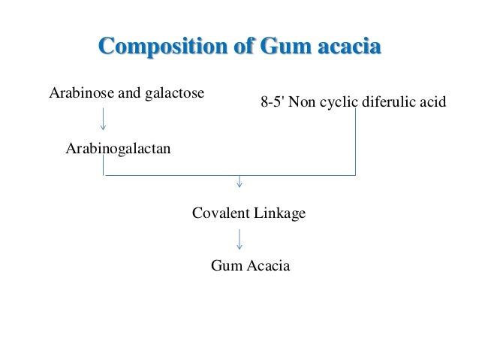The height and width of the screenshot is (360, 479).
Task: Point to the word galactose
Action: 177,94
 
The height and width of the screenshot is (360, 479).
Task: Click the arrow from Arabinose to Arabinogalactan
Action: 103,118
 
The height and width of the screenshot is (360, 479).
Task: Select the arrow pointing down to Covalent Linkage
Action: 239,182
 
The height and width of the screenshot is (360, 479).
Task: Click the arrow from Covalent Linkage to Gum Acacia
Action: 239,239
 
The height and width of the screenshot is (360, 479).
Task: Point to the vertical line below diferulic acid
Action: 354,147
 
